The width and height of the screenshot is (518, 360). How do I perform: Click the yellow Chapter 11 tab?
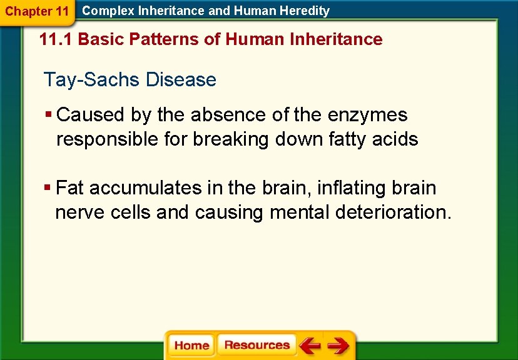coord(36,11)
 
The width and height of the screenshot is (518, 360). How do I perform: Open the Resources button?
coord(256,345)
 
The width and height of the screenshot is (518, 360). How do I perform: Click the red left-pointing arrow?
coord(309,345)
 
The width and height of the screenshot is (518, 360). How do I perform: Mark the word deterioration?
coord(393,212)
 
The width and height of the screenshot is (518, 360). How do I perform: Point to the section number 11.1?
coord(56,39)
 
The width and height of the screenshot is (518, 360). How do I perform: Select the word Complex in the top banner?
coord(104,11)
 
